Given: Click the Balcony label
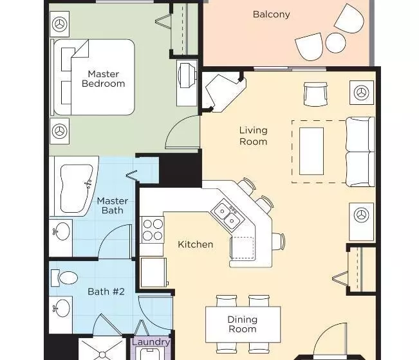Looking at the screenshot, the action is point(271,14).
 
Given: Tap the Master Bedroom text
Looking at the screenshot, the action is point(104,78).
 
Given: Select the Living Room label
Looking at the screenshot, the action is point(254,136).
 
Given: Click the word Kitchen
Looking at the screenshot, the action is point(195,244).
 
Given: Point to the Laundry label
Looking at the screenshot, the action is point(151,342).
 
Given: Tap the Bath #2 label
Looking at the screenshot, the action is point(106,291).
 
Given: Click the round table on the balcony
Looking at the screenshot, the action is point(335,42).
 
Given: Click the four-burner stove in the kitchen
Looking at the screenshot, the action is point(153,230).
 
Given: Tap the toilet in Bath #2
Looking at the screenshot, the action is point(64,278).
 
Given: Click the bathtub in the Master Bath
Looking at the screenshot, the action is point(76,188).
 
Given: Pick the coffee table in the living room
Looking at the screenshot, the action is point(312,151).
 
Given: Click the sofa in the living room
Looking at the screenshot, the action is point(360,152).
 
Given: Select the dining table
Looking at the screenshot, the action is point(243,325).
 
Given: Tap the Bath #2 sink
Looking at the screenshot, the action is point(61,308).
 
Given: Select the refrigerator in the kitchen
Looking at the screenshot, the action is point(153,272).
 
